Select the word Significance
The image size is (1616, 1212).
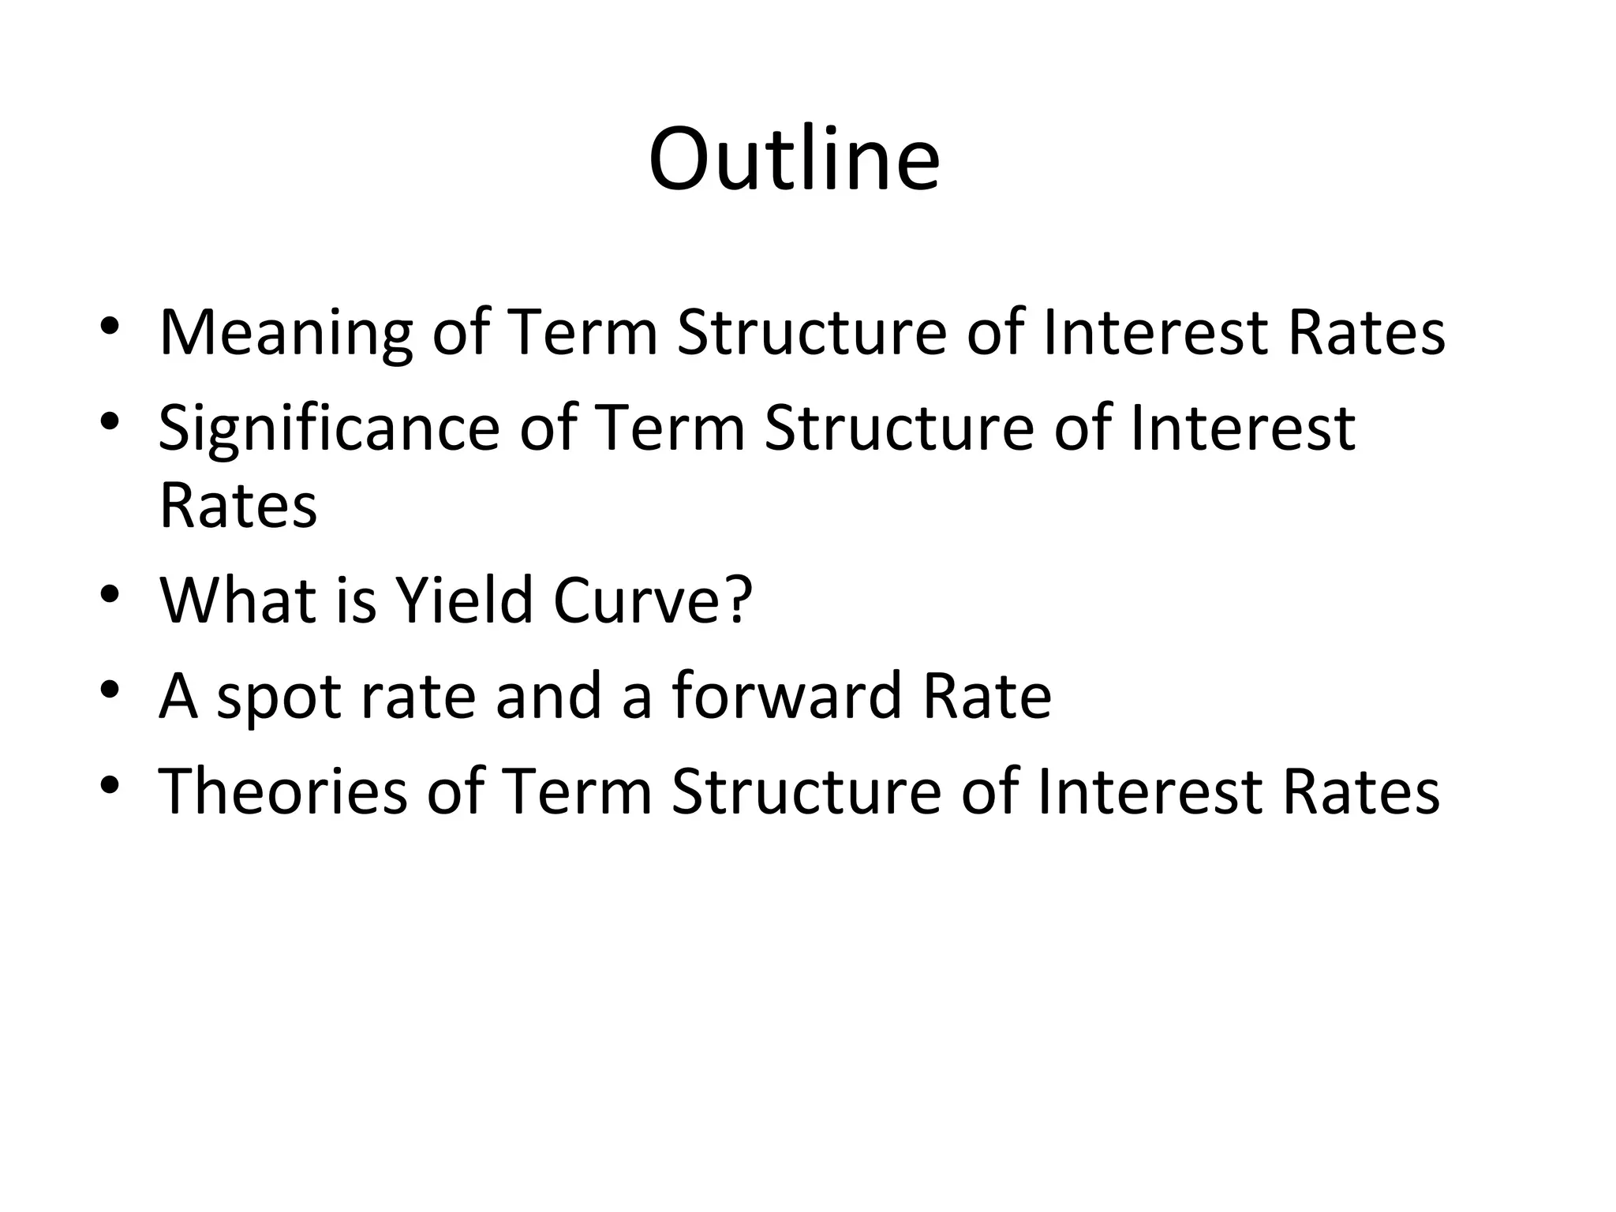(x=329, y=428)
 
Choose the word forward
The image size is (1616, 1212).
(x=787, y=695)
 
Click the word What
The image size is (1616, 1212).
(x=238, y=600)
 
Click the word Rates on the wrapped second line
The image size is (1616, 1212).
(x=238, y=505)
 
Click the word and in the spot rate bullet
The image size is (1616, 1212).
(x=548, y=695)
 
